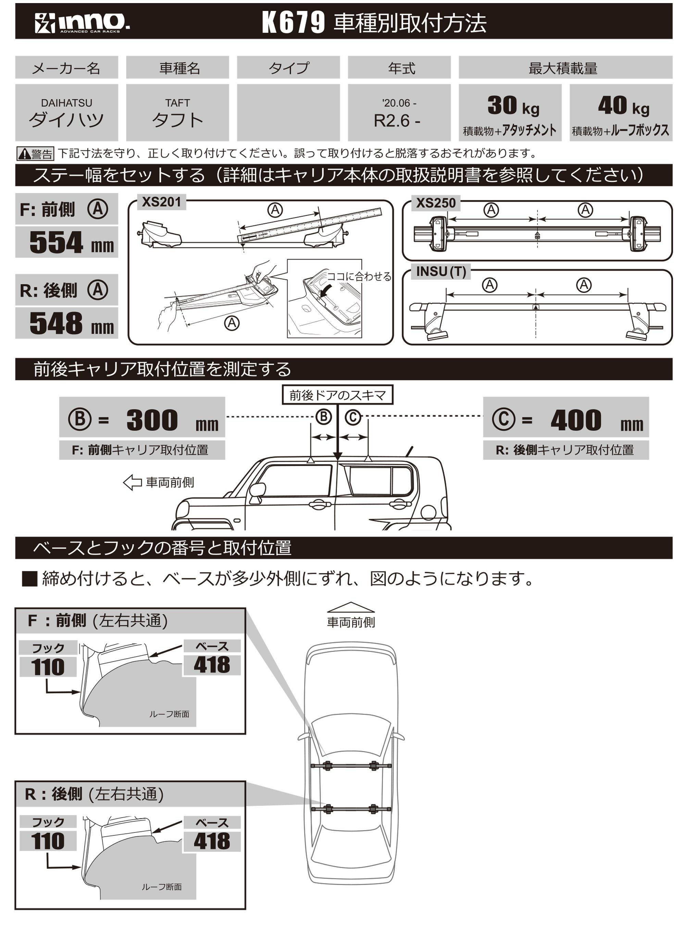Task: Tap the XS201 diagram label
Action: pos(161,202)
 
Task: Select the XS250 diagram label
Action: pos(435,203)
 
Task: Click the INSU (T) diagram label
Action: pos(440,272)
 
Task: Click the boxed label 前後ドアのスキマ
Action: pos(337,395)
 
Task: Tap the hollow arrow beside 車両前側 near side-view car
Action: pos(133,483)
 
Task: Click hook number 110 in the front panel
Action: pos(48,667)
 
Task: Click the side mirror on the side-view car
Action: pos(257,490)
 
